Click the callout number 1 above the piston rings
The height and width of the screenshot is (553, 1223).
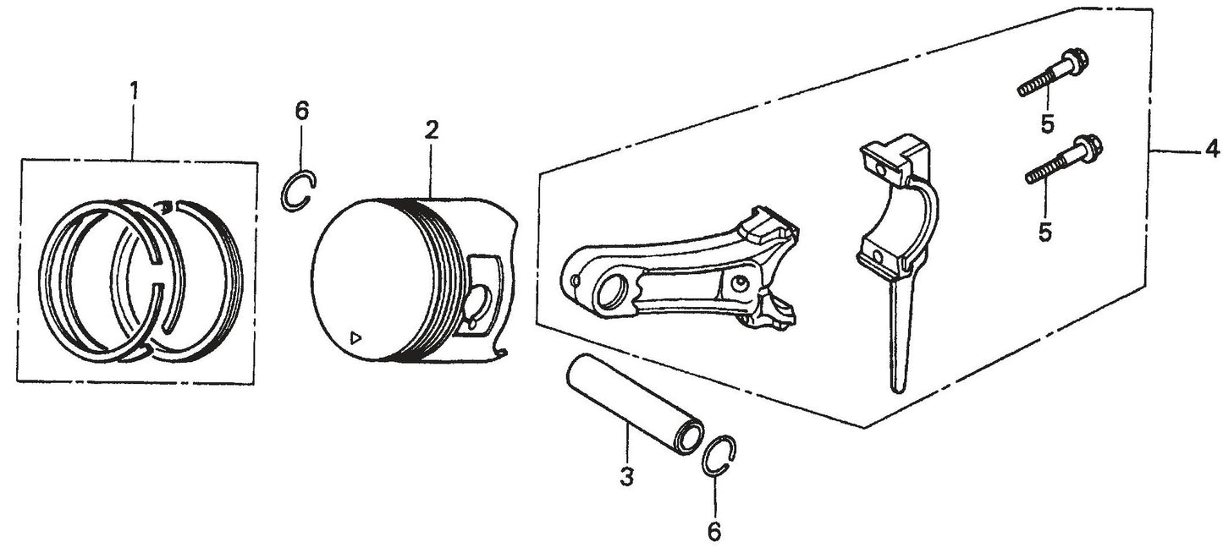(132, 88)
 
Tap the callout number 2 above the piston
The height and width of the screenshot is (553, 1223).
(431, 130)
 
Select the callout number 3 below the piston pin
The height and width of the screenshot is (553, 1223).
(625, 477)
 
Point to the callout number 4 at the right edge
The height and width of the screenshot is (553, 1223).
(1211, 151)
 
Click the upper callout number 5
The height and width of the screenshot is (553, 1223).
(1048, 124)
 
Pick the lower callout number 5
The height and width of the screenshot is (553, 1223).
(1045, 232)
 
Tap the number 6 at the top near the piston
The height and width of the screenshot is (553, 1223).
(302, 109)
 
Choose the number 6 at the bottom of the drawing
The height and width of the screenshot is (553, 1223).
(713, 530)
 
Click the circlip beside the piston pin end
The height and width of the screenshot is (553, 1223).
(720, 458)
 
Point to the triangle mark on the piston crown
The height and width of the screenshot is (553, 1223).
(356, 337)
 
